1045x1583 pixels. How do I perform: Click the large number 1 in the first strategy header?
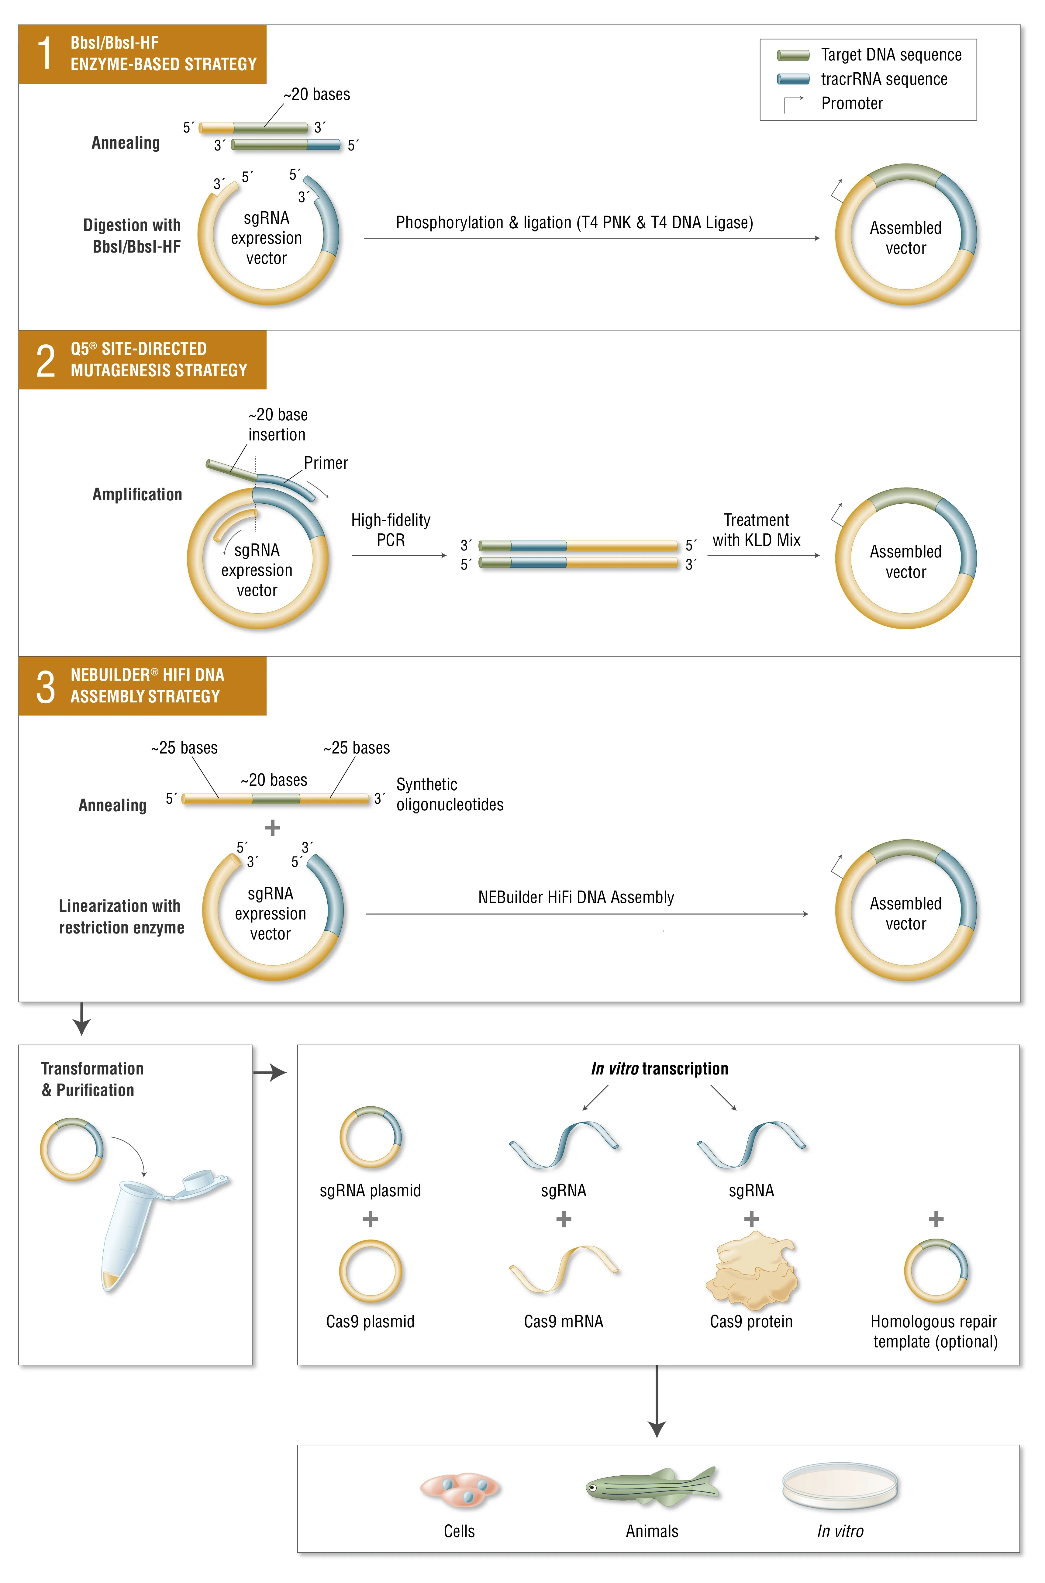pyautogui.click(x=45, y=54)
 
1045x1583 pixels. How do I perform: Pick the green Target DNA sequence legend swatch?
pyautogui.click(x=793, y=55)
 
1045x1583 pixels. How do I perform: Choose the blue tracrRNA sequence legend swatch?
pyautogui.click(x=793, y=79)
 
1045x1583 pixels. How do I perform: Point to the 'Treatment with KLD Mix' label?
pyautogui.click(x=757, y=530)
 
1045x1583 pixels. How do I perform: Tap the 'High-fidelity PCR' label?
pyautogui.click(x=391, y=530)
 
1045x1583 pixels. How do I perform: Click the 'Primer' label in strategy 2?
pyautogui.click(x=326, y=463)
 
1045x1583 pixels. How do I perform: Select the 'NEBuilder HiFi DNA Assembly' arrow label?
pyautogui.click(x=576, y=898)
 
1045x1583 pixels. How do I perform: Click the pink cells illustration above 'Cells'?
pyautogui.click(x=460, y=1489)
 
